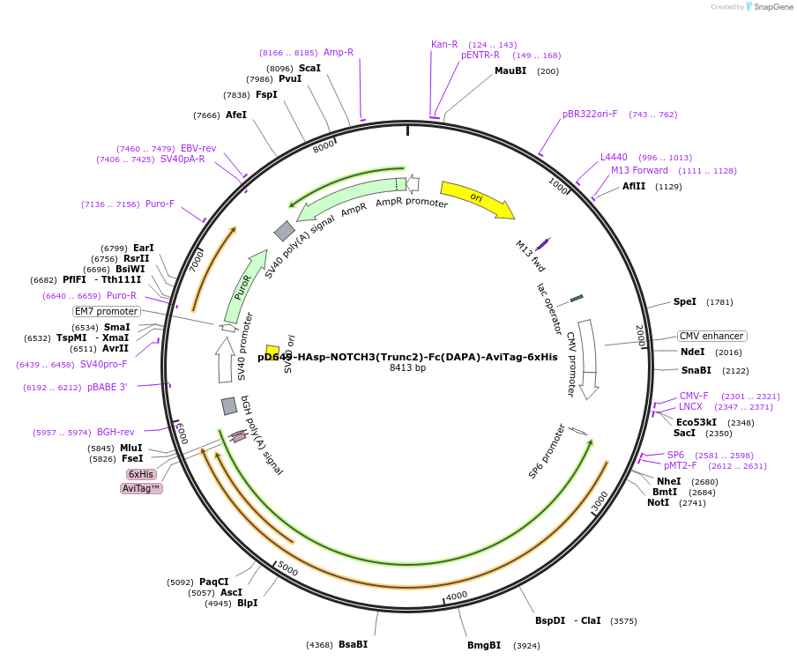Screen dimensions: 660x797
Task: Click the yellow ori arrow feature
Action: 476,198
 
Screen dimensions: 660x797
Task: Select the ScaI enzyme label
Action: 309,68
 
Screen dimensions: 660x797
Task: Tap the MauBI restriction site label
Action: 510,71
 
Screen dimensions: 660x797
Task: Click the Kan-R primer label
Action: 444,44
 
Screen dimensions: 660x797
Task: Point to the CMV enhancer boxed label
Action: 711,336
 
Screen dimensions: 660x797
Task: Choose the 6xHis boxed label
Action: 141,474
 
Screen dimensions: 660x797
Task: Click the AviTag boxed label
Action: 141,488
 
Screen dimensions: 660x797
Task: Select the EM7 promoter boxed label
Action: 107,311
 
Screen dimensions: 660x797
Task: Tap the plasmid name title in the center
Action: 407,357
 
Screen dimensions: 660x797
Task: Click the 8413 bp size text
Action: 407,368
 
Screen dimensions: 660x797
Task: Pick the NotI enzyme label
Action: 658,502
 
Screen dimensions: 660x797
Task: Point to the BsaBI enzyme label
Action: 353,644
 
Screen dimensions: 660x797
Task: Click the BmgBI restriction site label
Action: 484,645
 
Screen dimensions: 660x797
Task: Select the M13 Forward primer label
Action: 639,170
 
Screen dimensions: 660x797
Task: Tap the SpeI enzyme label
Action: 685,301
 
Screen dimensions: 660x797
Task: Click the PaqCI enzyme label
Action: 213,582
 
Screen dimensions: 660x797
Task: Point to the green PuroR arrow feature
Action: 244,286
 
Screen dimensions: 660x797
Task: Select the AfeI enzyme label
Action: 236,115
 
